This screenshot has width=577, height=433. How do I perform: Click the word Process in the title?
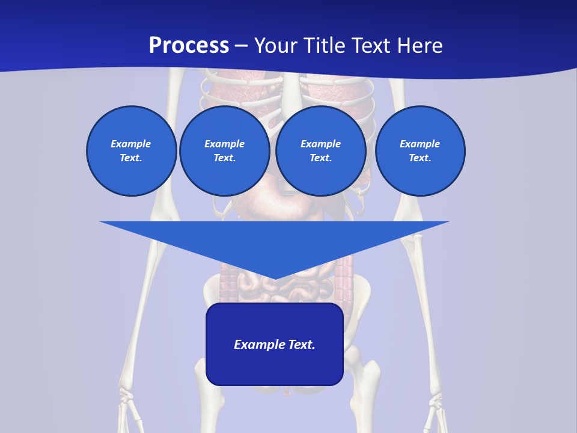(x=189, y=46)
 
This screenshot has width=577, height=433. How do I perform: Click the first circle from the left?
(x=131, y=151)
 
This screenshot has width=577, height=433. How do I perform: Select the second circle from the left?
(x=224, y=151)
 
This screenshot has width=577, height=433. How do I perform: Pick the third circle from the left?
(x=320, y=151)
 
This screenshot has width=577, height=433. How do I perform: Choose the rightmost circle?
(x=420, y=151)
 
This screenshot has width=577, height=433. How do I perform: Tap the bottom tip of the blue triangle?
(x=275, y=277)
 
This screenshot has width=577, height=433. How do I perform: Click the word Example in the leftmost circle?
(x=131, y=144)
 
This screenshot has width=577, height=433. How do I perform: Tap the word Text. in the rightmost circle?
(x=420, y=158)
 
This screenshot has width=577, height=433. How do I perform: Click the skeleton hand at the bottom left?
(x=129, y=409)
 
